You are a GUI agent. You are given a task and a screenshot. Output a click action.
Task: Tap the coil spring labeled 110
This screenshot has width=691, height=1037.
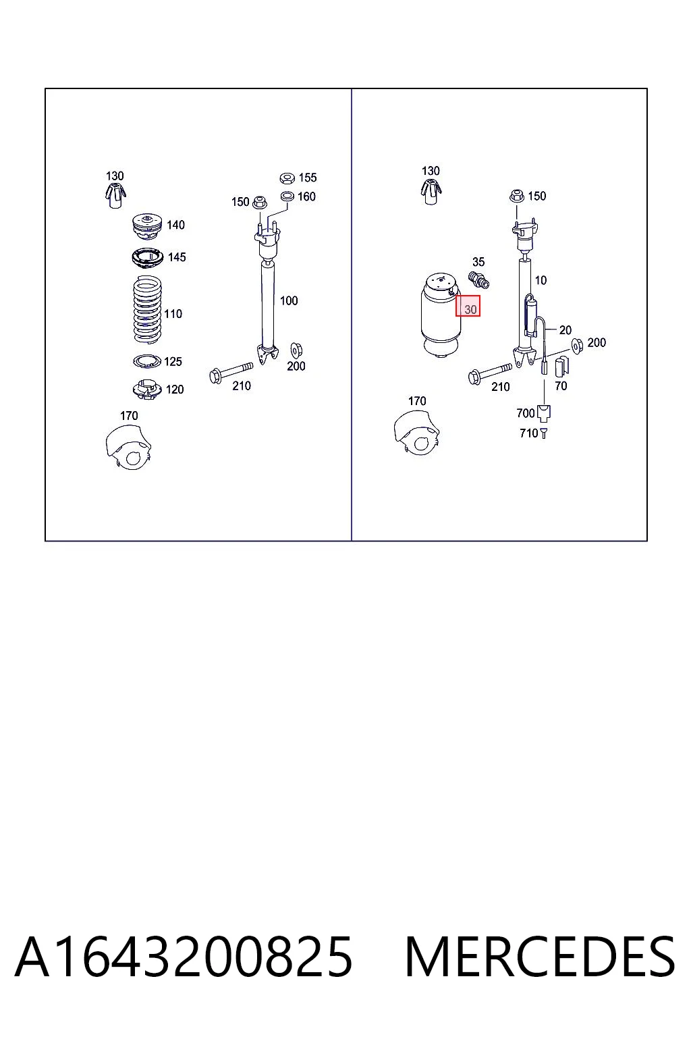pyautogui.click(x=147, y=309)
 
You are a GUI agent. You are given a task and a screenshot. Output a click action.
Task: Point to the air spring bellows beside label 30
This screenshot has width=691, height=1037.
pyautogui.click(x=441, y=316)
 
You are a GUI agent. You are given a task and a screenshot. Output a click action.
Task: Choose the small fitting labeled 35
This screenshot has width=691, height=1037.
pyautogui.click(x=478, y=279)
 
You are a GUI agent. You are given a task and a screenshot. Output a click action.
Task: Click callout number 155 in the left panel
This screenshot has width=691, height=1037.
pyautogui.click(x=308, y=178)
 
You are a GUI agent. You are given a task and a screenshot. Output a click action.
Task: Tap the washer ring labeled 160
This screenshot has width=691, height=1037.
pyautogui.click(x=287, y=196)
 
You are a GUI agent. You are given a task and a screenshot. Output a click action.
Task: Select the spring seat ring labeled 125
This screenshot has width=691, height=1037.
pyautogui.click(x=147, y=361)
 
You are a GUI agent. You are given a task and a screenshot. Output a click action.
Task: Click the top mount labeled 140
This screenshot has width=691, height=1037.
pyautogui.click(x=146, y=227)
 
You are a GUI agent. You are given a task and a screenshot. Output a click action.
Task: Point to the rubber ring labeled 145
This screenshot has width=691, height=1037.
pyautogui.click(x=147, y=258)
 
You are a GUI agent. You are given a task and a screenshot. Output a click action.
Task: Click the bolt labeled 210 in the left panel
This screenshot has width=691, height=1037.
pyautogui.click(x=231, y=372)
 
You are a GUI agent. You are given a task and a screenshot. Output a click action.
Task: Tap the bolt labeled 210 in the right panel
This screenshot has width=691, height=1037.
pyautogui.click(x=490, y=373)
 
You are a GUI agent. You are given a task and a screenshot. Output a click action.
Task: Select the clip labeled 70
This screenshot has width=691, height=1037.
pyautogui.click(x=561, y=366)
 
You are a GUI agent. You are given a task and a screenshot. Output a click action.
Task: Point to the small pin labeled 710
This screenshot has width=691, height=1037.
pyautogui.click(x=543, y=433)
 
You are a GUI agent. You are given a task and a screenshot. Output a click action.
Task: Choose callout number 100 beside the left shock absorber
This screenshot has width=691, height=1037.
pyautogui.click(x=289, y=301)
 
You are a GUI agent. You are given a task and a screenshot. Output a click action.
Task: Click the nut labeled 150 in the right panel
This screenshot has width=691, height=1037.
pyautogui.click(x=516, y=196)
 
